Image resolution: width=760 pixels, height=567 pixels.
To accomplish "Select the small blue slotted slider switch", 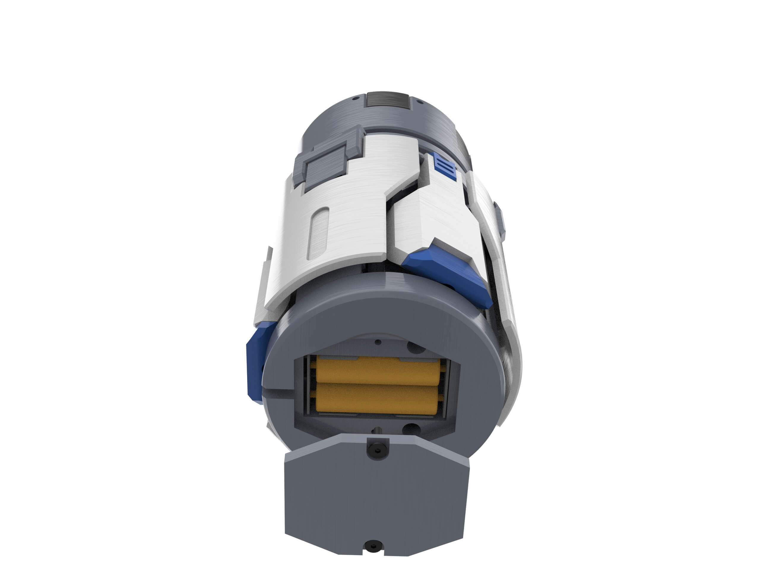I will coord(445,167).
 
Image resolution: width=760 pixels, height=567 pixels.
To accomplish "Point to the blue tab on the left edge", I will coord(256,360).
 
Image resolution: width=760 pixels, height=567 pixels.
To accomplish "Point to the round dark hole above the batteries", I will coord(416,348).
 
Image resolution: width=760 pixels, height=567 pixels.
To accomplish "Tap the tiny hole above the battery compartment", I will coord(378,342).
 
